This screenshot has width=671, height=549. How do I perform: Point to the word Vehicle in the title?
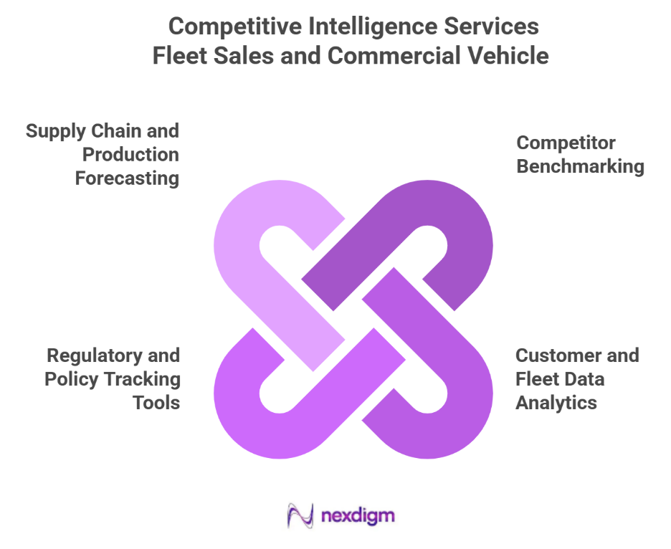[510, 55]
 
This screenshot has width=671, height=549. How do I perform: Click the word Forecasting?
[127, 178]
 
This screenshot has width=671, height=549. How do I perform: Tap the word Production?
[130, 154]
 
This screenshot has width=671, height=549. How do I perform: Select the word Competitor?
[566, 143]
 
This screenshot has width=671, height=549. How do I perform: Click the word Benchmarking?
[581, 166]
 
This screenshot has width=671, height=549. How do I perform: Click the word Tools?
[156, 402]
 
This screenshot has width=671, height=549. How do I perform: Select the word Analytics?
[556, 402]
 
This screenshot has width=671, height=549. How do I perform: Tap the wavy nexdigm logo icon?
[300, 515]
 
